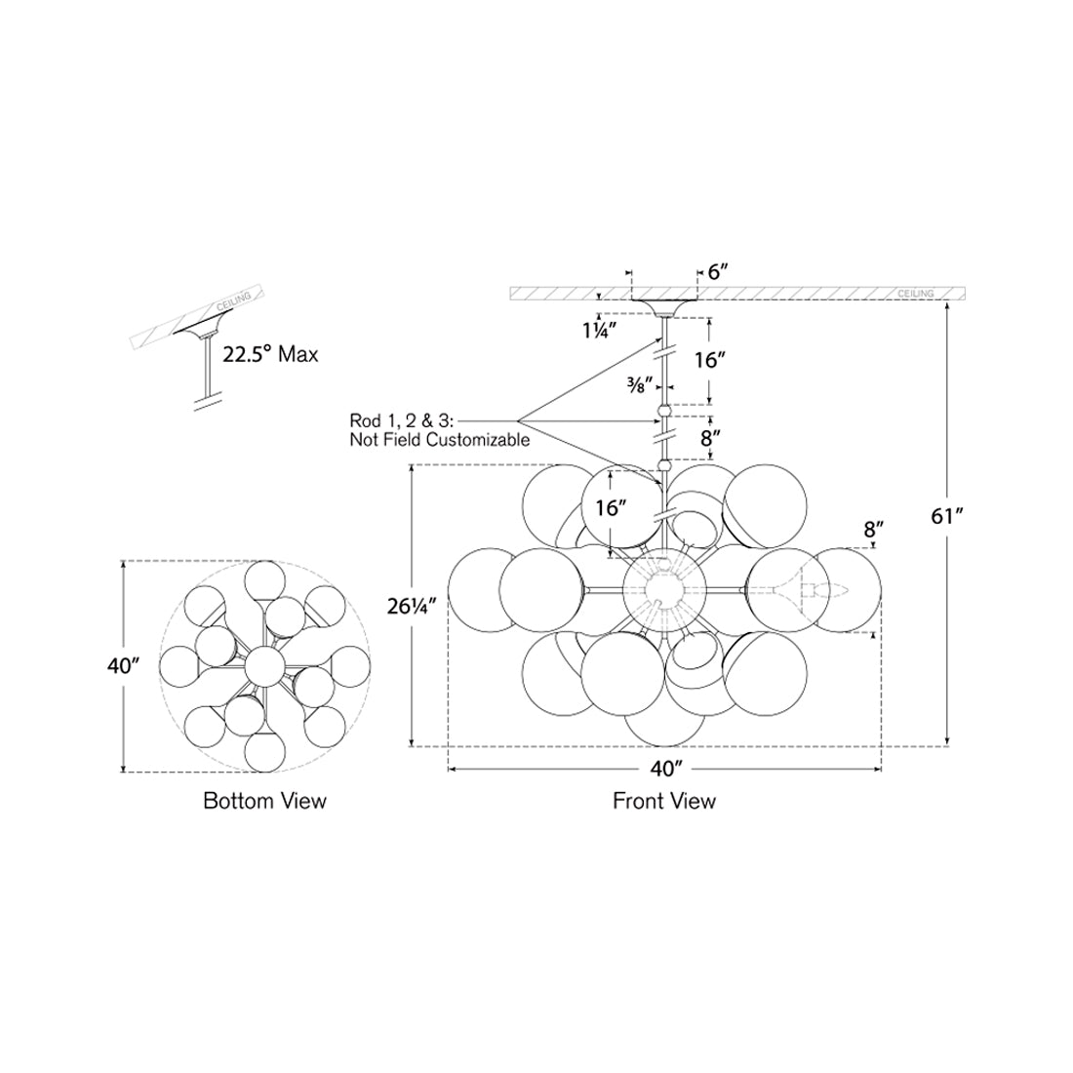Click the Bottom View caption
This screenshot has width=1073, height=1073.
[264, 801]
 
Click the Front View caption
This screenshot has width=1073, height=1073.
[664, 801]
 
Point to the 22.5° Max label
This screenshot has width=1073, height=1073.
[270, 354]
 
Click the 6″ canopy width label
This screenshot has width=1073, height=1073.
[719, 272]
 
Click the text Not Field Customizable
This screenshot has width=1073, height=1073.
[440, 440]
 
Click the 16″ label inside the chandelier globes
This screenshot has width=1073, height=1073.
[609, 507]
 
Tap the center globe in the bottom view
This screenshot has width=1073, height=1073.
[264, 667]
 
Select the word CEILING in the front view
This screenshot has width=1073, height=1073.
[915, 294]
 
